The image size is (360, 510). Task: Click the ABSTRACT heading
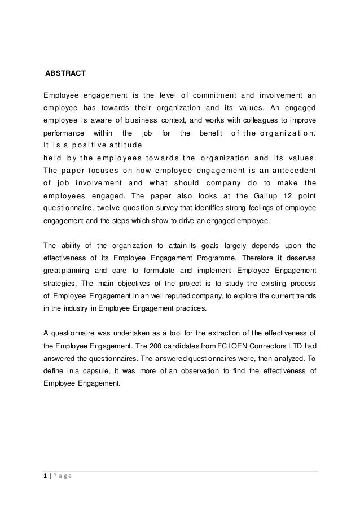click(65, 73)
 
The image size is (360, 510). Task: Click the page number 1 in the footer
click(45, 477)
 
